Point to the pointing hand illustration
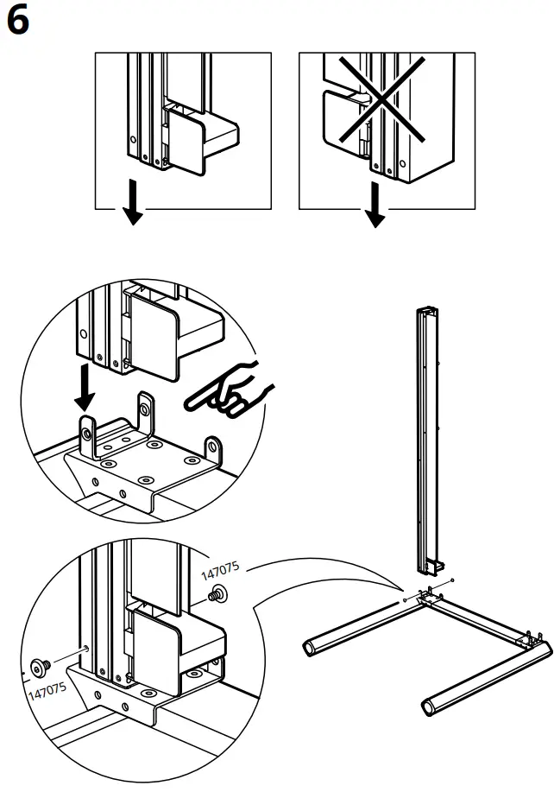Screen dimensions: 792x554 pos(229,391)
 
